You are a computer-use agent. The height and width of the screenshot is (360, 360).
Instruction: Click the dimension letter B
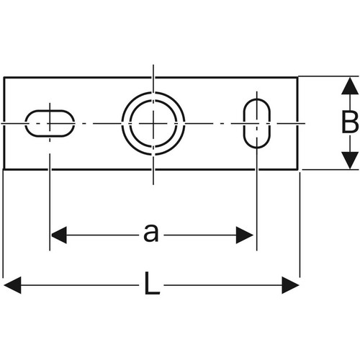coord(350,122)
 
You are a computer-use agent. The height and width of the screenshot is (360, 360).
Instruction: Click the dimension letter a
coord(151,233)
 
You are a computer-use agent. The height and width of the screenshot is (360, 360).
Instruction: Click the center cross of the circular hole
coord(153,123)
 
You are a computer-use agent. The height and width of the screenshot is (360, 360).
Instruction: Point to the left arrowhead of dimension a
coord(59,235)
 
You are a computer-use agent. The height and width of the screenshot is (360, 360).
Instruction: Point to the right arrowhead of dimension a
coord(245,235)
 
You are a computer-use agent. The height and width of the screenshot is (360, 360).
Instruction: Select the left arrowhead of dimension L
coord(12,285)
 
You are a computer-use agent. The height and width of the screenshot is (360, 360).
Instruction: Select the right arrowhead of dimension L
coord(290,285)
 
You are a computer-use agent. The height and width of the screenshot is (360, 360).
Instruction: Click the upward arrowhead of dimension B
coord(350,86)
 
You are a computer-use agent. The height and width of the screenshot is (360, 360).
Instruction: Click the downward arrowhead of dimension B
coord(350,161)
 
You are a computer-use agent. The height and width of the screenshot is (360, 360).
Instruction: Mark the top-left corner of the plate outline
coord(4,78)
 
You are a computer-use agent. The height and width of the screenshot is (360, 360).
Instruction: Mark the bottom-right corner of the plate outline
coord(298,169)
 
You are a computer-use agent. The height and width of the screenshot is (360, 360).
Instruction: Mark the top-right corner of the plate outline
coord(298,78)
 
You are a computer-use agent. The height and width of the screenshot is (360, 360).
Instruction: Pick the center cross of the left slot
coord(50,123)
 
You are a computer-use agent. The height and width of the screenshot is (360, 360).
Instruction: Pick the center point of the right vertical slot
coord(257,123)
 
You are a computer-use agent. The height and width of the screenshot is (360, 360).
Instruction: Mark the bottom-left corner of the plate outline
coord(4,169)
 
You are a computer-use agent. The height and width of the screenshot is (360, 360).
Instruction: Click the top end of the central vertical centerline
coord(153,65)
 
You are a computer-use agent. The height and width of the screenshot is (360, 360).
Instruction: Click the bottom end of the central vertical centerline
coord(153,184)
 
